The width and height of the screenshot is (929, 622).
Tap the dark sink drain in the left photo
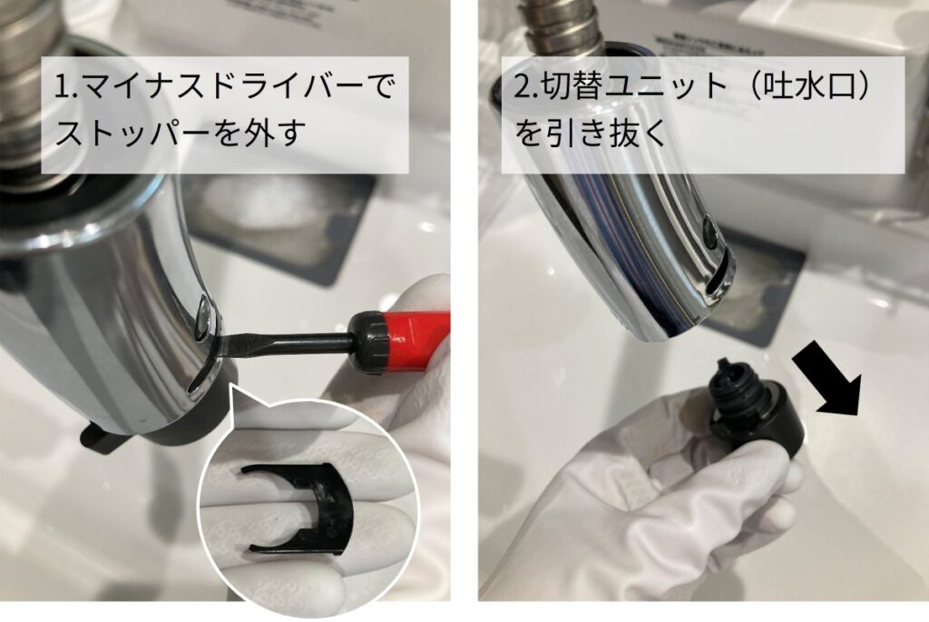[272, 213]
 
